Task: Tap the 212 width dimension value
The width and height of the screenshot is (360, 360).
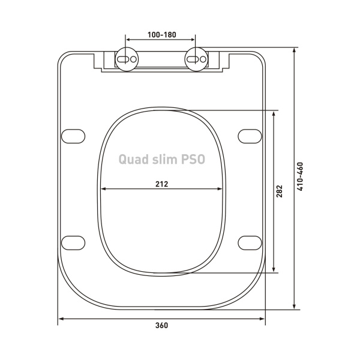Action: pos(161,184)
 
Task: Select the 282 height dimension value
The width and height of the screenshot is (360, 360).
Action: pos(279,191)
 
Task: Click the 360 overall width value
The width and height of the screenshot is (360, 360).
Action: pos(161,326)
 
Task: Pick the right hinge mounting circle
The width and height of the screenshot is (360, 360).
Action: pos(196,59)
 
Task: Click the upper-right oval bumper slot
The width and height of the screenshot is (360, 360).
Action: pos(250,136)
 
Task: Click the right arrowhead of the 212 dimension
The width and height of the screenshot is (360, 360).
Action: pos(221,189)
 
